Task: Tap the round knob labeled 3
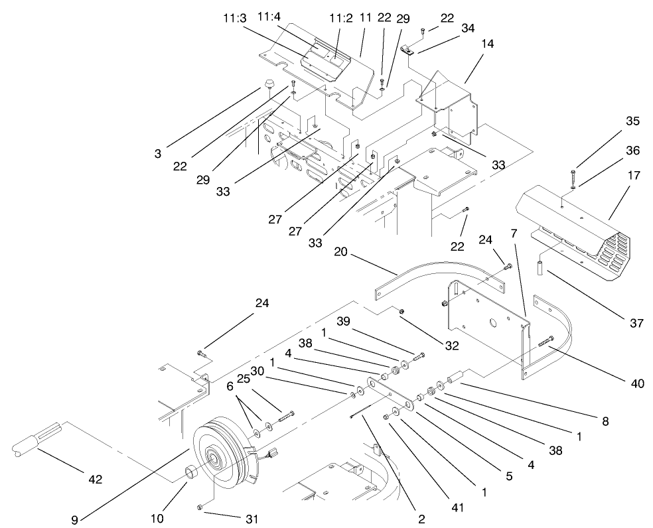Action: (x=269, y=84)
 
